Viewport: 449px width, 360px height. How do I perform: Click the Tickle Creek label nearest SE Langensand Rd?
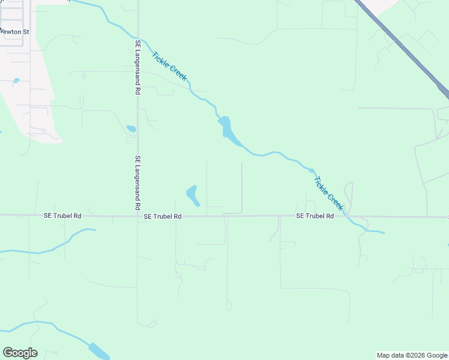[x=169, y=67]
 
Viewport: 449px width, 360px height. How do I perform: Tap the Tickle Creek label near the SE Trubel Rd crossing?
[x=328, y=193]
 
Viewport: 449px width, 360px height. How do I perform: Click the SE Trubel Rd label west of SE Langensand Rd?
[x=62, y=215]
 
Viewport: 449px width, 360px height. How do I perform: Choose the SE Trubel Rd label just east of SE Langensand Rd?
[x=163, y=216]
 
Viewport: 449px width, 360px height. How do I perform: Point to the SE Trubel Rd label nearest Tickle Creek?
[x=315, y=216]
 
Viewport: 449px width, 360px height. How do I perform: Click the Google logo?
[x=20, y=353]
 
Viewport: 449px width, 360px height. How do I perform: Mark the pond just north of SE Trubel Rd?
[x=193, y=195]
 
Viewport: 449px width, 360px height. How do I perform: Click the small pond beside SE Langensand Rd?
[x=131, y=128]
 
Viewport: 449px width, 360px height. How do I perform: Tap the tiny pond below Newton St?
[x=16, y=80]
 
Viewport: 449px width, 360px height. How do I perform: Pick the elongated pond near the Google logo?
[x=98, y=350]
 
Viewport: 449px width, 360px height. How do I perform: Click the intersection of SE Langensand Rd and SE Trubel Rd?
[x=137, y=215]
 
